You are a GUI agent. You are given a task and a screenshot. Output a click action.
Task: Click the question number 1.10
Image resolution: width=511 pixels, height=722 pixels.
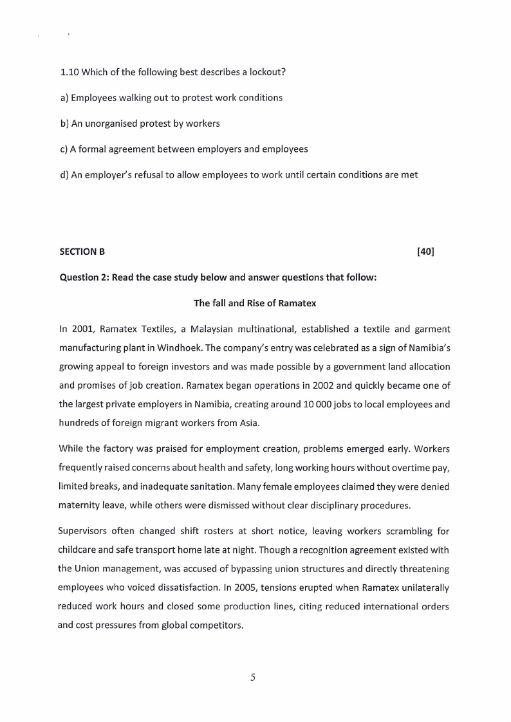(x=68, y=71)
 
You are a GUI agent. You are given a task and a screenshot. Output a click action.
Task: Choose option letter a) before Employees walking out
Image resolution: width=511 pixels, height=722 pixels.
(x=63, y=98)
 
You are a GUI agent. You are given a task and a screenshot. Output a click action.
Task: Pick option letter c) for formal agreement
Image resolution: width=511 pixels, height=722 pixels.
(x=63, y=149)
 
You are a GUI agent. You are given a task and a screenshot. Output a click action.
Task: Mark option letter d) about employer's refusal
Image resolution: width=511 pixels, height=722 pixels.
(x=63, y=174)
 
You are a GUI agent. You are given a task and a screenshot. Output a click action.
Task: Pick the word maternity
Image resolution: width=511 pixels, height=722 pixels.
(x=79, y=504)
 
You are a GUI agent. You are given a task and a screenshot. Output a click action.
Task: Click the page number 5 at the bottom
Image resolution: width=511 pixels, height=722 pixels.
(x=253, y=677)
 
